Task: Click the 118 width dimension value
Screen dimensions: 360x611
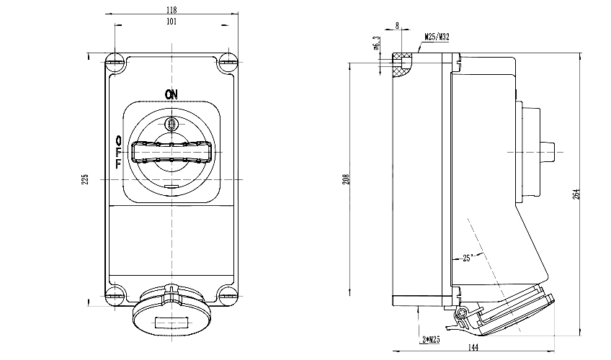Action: pyautogui.click(x=171, y=9)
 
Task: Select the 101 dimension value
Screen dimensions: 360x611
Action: pyautogui.click(x=171, y=21)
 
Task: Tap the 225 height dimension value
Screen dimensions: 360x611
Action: pyautogui.click(x=84, y=179)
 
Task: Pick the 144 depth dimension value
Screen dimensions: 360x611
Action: pyautogui.click(x=473, y=348)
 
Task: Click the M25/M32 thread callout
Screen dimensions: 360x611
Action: pyautogui.click(x=437, y=35)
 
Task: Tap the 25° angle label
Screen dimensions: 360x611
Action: pyautogui.click(x=469, y=258)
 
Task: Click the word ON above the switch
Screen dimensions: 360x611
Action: pyautogui.click(x=171, y=94)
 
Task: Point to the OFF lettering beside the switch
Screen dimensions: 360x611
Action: pyautogui.click(x=118, y=152)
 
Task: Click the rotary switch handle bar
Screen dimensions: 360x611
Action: pyautogui.click(x=171, y=152)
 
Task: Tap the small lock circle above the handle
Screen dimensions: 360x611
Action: pyautogui.click(x=171, y=125)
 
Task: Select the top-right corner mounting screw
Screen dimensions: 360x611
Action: pyautogui.click(x=227, y=60)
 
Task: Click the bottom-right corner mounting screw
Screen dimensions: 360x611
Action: pyautogui.click(x=227, y=293)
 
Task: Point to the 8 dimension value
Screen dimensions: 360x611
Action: pyautogui.click(x=398, y=26)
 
